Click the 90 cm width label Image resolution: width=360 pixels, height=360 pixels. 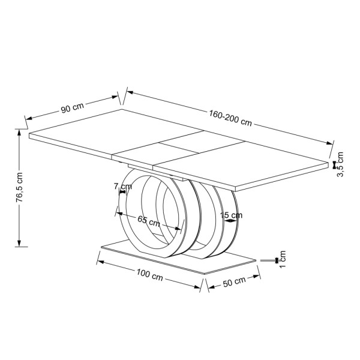click(x=73, y=108)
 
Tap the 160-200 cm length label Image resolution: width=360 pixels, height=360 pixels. click(x=230, y=118)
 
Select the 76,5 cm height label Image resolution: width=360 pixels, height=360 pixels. click(x=20, y=187)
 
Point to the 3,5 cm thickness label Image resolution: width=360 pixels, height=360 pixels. click(x=340, y=164)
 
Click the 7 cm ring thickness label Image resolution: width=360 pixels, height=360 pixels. click(x=123, y=187)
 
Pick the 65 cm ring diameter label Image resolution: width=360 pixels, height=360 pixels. click(x=149, y=221)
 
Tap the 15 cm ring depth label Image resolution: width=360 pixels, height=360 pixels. click(x=231, y=215)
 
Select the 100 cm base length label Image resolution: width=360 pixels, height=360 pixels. click(x=149, y=275)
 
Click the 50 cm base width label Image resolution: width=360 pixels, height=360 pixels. click(x=234, y=281)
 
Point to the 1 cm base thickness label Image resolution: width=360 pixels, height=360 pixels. click(x=282, y=259)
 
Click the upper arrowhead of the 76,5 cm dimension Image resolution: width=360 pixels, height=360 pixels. click(x=19, y=132)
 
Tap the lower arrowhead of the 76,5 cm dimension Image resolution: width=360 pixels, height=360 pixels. click(x=19, y=244)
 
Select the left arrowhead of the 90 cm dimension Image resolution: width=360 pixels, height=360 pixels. click(x=29, y=118)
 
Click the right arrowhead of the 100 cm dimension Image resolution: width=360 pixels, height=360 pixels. click(x=197, y=287)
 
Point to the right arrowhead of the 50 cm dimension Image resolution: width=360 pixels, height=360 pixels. click(x=256, y=276)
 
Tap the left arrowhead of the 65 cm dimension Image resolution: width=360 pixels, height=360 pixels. click(x=120, y=214)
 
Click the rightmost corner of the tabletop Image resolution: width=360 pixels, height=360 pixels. click(x=329, y=163)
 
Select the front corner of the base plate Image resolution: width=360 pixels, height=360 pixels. click(x=204, y=274)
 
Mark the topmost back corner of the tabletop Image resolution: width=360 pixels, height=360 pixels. click(x=122, y=109)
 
